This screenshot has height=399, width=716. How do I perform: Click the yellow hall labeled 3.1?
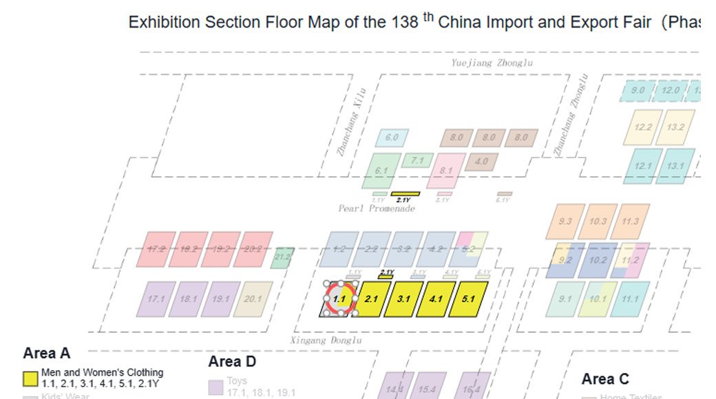[x=403, y=299]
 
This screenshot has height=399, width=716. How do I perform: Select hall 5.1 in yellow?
[x=468, y=299]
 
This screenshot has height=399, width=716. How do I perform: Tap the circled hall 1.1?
[x=339, y=299]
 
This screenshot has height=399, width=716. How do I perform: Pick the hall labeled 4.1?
[x=436, y=299]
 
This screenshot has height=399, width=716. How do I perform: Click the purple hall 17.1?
[x=156, y=299]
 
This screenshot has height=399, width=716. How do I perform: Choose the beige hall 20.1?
[x=253, y=299]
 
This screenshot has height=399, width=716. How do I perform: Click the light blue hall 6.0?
[x=392, y=138]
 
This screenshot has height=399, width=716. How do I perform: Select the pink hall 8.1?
[x=445, y=171]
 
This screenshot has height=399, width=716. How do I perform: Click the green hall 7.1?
[x=417, y=161]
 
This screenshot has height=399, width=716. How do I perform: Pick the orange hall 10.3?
[x=598, y=222]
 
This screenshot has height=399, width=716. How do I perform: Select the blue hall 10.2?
[x=598, y=260]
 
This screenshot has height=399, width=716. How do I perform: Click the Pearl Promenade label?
[x=377, y=208]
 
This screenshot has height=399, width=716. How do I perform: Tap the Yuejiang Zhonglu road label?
[x=492, y=63]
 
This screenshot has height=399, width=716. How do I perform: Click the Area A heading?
[x=47, y=354]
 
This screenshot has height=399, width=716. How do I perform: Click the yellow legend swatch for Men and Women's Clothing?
[x=30, y=378]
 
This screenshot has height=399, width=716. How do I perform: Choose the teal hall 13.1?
[x=675, y=166]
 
